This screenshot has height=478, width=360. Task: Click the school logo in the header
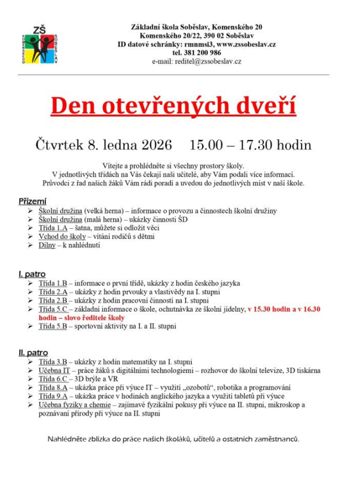coord(41,44)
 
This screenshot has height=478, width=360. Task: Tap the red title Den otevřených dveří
coord(173,106)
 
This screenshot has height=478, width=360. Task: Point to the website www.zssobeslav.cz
coord(247,44)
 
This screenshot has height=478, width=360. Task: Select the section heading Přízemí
coord(33,201)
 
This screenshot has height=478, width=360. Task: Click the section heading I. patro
coord(32,274)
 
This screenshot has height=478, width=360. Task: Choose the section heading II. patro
coord(33,353)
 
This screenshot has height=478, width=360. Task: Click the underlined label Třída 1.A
coord(53,228)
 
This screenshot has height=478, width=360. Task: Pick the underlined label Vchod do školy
coord(62,236)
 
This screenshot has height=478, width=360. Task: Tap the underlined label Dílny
coord(47,245)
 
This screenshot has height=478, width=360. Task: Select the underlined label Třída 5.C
coord(53,309)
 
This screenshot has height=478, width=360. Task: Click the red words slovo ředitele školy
coord(93,318)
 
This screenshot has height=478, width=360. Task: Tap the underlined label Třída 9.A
coord(53,396)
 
